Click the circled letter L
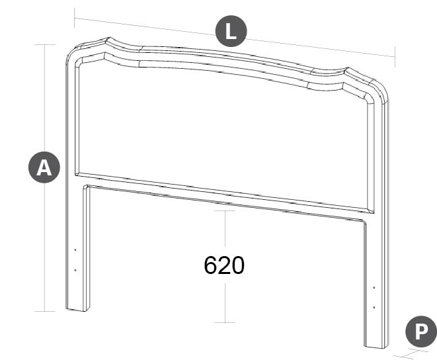(x=231, y=30)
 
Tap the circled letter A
(x=44, y=167)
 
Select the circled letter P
(x=421, y=332)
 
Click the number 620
(x=224, y=265)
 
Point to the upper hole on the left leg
(x=75, y=249)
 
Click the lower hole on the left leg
(x=75, y=270)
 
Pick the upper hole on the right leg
(x=374, y=287)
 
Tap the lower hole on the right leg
(x=374, y=307)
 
